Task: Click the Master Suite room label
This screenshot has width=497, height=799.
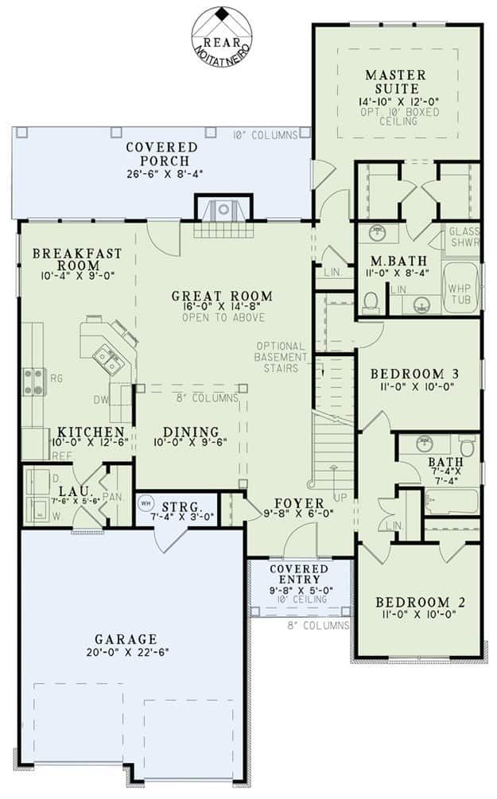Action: pyautogui.click(x=395, y=82)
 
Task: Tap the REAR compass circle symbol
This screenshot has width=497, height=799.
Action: pyautogui.click(x=222, y=36)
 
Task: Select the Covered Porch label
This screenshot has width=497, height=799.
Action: pyautogui.click(x=162, y=154)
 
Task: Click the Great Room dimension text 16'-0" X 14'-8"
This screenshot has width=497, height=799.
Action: pyautogui.click(x=222, y=307)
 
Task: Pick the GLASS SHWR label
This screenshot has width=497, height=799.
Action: pyautogui.click(x=464, y=237)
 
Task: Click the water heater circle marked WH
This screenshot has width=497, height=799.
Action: pyautogui.click(x=146, y=504)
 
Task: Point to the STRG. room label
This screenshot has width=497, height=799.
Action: pyautogui.click(x=181, y=507)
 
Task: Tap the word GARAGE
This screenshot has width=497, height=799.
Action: pyautogui.click(x=126, y=639)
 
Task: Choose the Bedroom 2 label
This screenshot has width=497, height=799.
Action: pyautogui.click(x=420, y=603)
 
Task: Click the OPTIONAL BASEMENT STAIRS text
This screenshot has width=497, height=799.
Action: pyautogui.click(x=281, y=357)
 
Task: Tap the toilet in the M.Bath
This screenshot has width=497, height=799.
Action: pyautogui.click(x=371, y=302)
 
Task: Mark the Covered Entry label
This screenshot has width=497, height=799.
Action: pyautogui.click(x=299, y=574)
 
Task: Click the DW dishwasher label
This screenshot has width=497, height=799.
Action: pyautogui.click(x=100, y=400)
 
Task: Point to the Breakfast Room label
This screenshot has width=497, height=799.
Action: pyautogui.click(x=77, y=259)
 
